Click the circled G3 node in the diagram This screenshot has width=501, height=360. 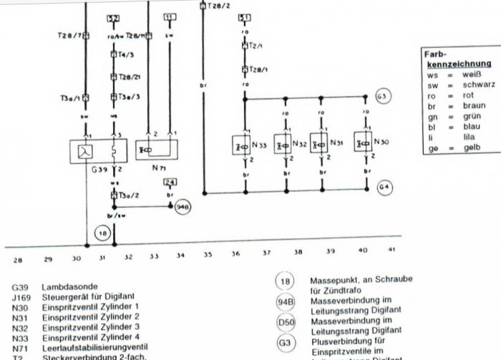384,96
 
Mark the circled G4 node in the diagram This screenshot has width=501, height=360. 384,188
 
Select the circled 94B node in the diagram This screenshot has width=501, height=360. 183,207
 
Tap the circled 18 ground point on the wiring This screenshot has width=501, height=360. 102,233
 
